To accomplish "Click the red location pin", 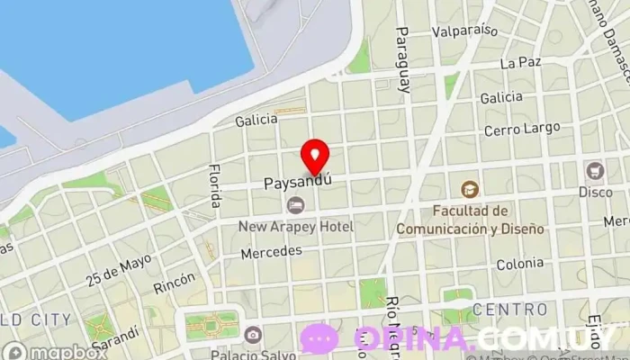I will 314,156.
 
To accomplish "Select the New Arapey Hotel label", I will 296,227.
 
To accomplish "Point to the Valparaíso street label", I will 464,30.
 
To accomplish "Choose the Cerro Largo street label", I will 521,130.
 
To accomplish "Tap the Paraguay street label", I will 402,59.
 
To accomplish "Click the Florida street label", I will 214,186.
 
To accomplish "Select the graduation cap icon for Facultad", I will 470,190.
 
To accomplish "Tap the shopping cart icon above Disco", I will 595,170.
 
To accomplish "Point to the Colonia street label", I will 519,263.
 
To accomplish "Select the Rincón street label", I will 174,285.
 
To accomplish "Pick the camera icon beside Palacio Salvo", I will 252,335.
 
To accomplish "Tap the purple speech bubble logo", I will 319,339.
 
